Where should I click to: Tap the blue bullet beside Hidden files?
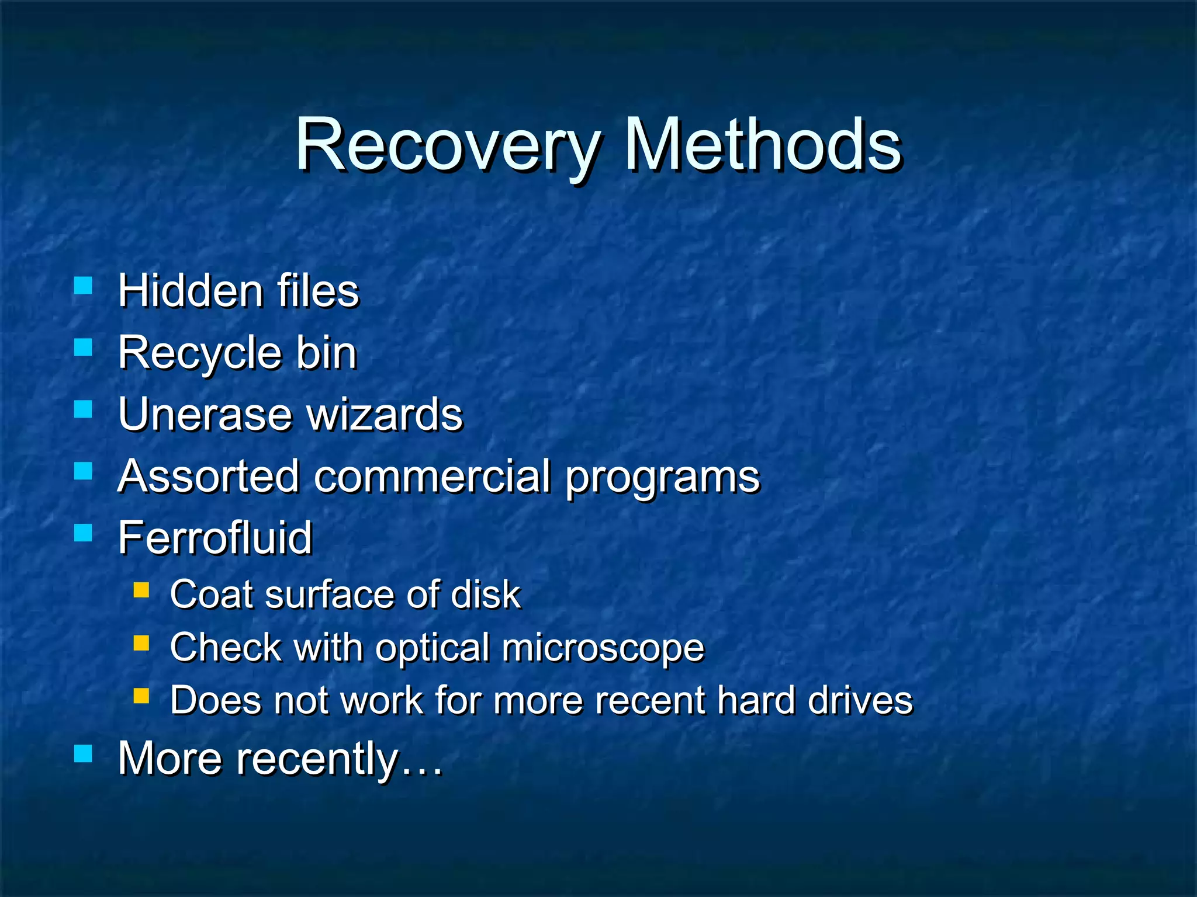84,286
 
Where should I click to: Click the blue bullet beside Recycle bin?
84,347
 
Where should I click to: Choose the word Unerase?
205,414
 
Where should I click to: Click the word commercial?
433,476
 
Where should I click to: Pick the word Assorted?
209,476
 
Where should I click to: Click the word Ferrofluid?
215,538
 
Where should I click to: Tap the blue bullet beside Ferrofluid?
84,533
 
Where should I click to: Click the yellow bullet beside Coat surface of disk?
141,590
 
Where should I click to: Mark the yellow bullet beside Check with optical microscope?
141,643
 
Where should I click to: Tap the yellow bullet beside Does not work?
141,695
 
